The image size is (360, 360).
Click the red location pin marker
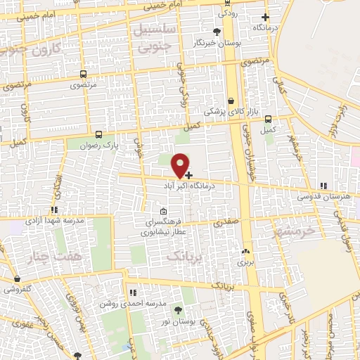point(181,165)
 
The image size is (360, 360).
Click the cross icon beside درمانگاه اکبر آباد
point(189,174)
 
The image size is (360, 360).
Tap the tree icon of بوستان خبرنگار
point(217,32)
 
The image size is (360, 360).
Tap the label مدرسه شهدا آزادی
point(53,220)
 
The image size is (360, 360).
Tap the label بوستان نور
point(176,321)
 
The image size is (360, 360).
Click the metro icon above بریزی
point(245,251)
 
